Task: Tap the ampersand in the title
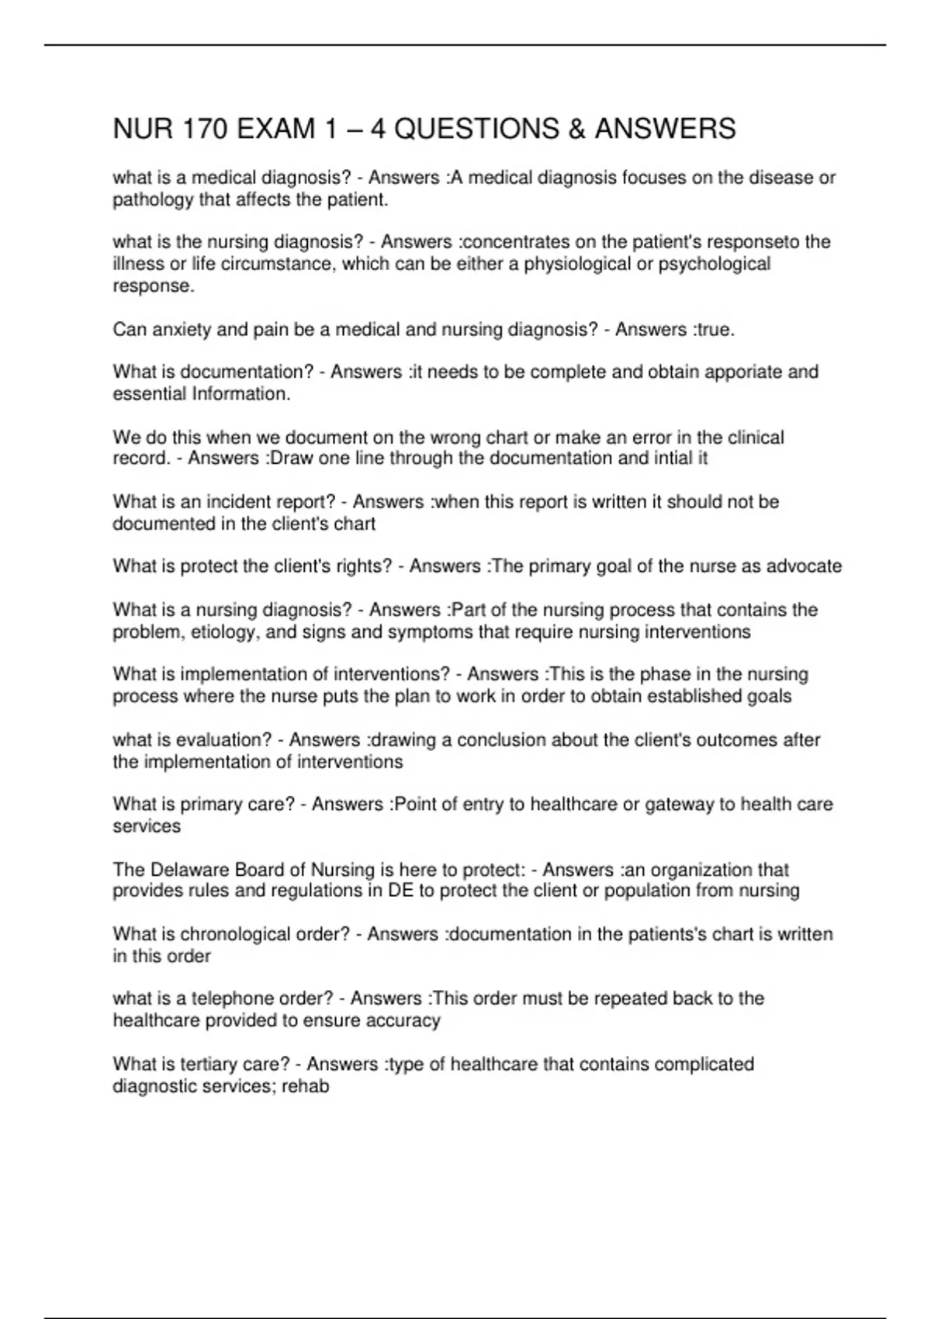click(576, 129)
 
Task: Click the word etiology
click(224, 632)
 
